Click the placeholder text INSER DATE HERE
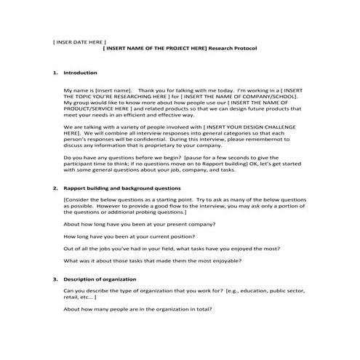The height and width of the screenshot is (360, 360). tap(79, 41)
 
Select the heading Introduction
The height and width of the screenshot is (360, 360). tap(80, 73)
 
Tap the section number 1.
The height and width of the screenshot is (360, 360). tap(55, 73)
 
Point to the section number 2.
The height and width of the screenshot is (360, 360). tap(55, 188)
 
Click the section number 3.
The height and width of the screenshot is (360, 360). tap(55, 279)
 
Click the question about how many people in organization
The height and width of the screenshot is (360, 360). tap(138, 310)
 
